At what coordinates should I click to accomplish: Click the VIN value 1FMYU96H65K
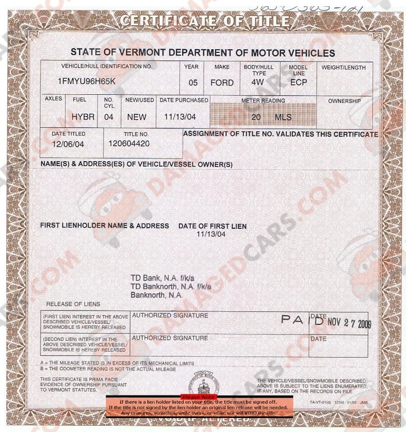87,82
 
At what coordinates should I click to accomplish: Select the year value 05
193,83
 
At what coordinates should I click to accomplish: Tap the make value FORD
222,83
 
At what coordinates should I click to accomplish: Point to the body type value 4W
258,83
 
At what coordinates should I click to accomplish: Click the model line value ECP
298,83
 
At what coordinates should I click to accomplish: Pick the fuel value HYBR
83,117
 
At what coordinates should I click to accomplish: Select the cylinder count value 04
109,117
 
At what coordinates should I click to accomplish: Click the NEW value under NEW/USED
137,117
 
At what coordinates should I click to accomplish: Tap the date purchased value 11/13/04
180,117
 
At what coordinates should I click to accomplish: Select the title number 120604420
129,144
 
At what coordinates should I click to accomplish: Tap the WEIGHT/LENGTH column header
344,68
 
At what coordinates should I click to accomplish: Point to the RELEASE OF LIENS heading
73,304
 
